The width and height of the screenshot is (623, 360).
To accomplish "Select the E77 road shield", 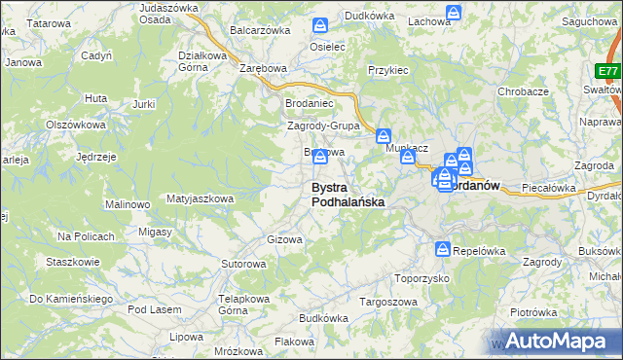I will (608, 72).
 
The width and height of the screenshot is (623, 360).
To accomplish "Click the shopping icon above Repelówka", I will (444, 250).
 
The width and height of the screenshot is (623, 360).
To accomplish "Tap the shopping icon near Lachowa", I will (454, 13).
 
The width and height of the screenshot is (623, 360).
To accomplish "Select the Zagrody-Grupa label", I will (324, 126).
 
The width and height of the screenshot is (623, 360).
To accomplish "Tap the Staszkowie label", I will (72, 262).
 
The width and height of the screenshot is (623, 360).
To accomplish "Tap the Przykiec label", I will (387, 71).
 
